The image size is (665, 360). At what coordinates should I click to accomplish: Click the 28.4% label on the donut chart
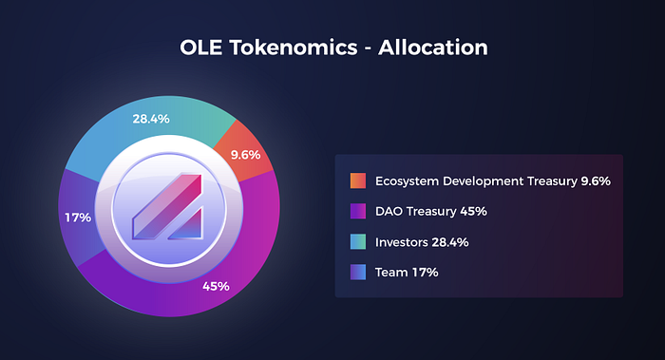tap(151, 119)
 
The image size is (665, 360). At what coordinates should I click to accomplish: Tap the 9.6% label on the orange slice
tap(245, 155)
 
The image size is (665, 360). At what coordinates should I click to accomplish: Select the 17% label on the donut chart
tap(78, 218)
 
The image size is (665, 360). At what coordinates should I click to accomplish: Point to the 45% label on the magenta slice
tap(216, 286)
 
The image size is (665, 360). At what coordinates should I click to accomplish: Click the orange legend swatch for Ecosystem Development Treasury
tap(358, 180)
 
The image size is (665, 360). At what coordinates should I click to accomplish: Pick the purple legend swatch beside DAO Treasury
tap(358, 211)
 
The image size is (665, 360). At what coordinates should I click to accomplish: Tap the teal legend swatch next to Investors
tap(358, 241)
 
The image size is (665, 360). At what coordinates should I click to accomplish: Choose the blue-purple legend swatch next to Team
tap(358, 273)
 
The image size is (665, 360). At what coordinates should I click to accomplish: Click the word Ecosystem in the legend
tap(408, 181)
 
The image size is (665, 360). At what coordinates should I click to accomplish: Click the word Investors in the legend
tap(402, 242)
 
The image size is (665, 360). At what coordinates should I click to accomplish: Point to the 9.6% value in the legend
tap(596, 181)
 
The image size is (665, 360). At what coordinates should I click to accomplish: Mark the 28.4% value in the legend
tap(450, 242)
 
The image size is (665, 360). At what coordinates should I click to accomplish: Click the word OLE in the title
tap(201, 47)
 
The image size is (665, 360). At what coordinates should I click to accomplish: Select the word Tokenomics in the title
tap(294, 47)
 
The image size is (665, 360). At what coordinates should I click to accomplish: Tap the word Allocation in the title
tap(433, 47)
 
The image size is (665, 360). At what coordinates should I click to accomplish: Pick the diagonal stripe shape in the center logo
tap(166, 206)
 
